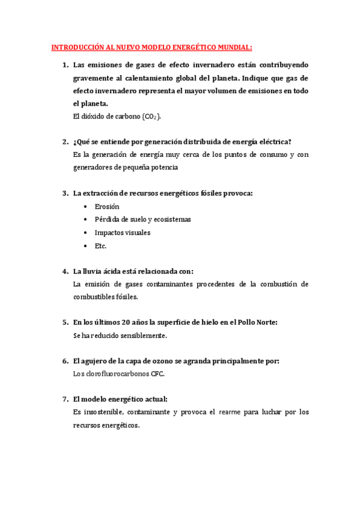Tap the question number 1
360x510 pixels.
(65, 64)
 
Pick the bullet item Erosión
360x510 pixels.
(107, 206)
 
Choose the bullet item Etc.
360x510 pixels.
(100, 246)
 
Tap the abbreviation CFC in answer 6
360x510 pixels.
(157, 373)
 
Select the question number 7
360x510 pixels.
(65, 399)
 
